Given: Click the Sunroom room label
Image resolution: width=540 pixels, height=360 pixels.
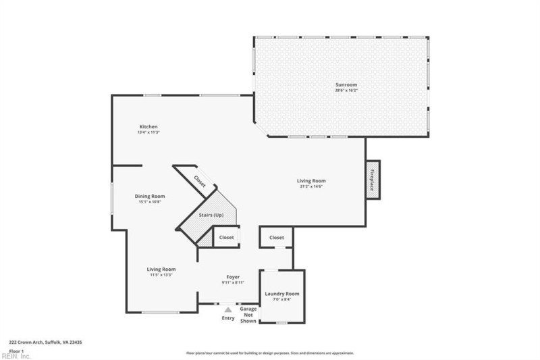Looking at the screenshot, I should click(x=342, y=84).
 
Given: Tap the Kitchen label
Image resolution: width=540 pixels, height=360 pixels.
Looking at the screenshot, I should click(x=148, y=127).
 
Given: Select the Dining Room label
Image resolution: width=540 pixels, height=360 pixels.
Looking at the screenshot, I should click(x=150, y=196).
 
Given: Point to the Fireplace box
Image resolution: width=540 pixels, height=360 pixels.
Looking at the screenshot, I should click(x=373, y=180).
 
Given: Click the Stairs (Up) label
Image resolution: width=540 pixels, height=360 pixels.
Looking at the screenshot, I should click(x=211, y=215).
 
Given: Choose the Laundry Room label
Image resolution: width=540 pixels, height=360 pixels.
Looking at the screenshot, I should click(x=282, y=294).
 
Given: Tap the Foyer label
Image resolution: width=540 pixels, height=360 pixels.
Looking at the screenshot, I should click(x=233, y=277).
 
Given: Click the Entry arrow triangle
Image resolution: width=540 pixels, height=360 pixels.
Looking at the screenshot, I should click(x=228, y=310).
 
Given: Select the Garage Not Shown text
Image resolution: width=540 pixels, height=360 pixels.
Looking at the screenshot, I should click(x=248, y=315).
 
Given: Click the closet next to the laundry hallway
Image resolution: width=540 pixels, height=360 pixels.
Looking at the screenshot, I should click(x=277, y=238).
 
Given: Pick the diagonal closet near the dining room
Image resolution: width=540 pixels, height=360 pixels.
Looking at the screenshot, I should click(x=200, y=181).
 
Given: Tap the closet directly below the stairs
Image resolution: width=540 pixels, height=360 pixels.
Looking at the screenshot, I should click(x=226, y=238).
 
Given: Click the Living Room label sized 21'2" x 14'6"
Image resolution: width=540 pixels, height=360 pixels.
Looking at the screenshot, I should click(x=312, y=180).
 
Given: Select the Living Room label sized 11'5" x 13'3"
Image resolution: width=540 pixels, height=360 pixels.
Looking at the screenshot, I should click(x=161, y=269).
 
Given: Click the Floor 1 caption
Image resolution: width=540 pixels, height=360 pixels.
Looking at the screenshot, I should click(x=17, y=351).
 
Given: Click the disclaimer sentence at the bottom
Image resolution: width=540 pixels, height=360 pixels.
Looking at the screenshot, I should click(x=270, y=353).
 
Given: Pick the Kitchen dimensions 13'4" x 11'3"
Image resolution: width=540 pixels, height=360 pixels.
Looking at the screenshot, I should click(x=148, y=132).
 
